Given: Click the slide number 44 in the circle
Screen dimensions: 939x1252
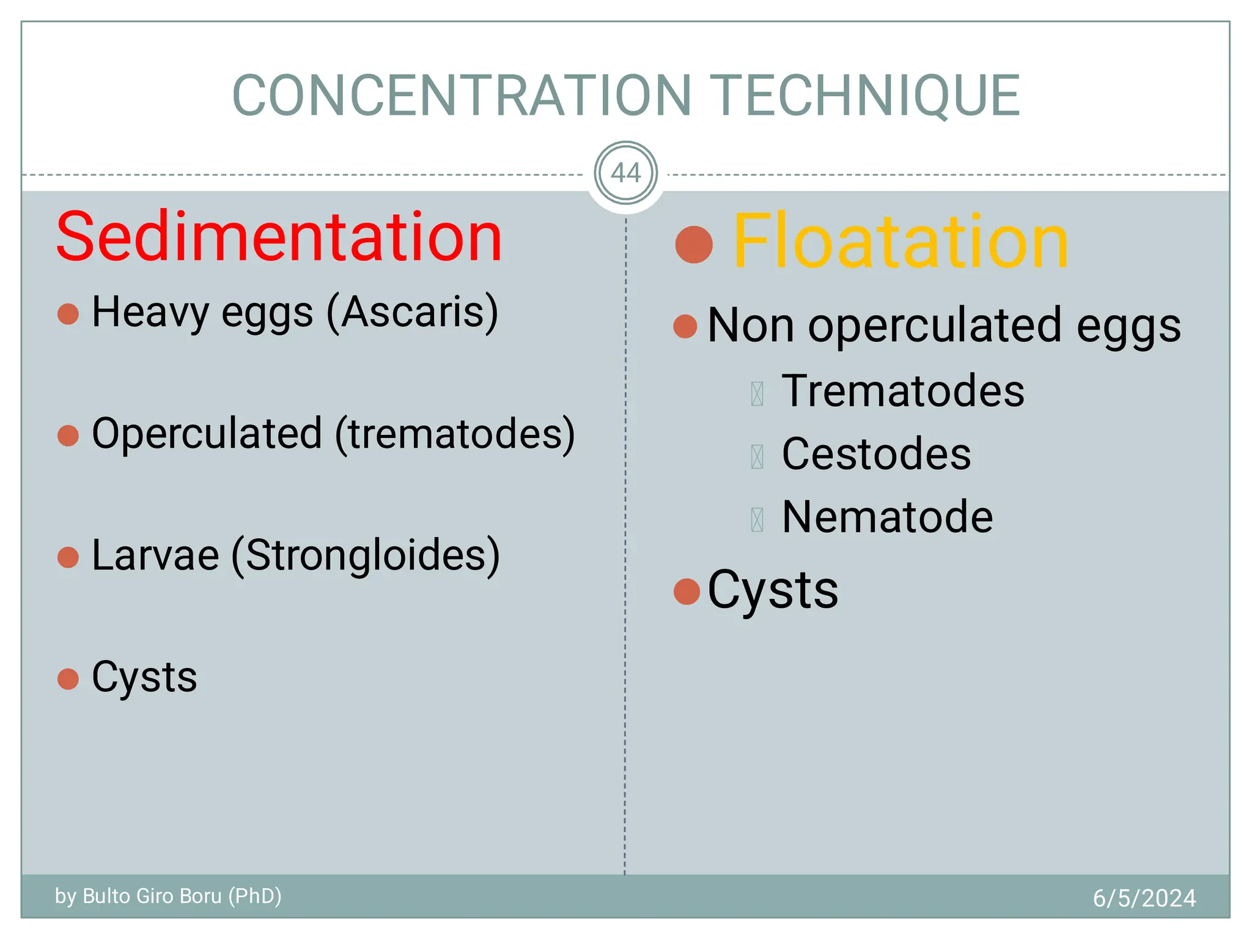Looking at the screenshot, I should coord(625,173).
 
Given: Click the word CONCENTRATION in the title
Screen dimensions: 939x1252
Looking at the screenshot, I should coord(462,95).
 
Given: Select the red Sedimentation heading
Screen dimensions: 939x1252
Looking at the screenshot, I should coord(279,237).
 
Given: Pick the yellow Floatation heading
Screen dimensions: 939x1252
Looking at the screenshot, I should coord(900,242).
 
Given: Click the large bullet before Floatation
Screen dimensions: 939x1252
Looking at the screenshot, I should coord(694,245).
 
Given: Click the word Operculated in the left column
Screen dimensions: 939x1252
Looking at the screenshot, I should coord(207,434).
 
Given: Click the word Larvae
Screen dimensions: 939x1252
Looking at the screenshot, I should coord(155,555).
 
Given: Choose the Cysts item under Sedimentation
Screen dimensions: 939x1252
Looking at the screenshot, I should coord(144,677).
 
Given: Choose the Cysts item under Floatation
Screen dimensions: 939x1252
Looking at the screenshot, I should coord(773,590).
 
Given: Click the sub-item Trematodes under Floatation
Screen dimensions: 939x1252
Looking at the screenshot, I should coord(903,391).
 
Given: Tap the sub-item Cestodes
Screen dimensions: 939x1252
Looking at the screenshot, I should coord(876,454).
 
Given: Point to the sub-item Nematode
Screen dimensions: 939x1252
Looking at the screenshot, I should coord(887,518).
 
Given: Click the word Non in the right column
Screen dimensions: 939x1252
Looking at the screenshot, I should coord(750,325).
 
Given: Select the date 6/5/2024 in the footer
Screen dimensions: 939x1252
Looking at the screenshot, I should coord(1144,898).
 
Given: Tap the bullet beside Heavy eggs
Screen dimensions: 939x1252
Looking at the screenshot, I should coord(68,314).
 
